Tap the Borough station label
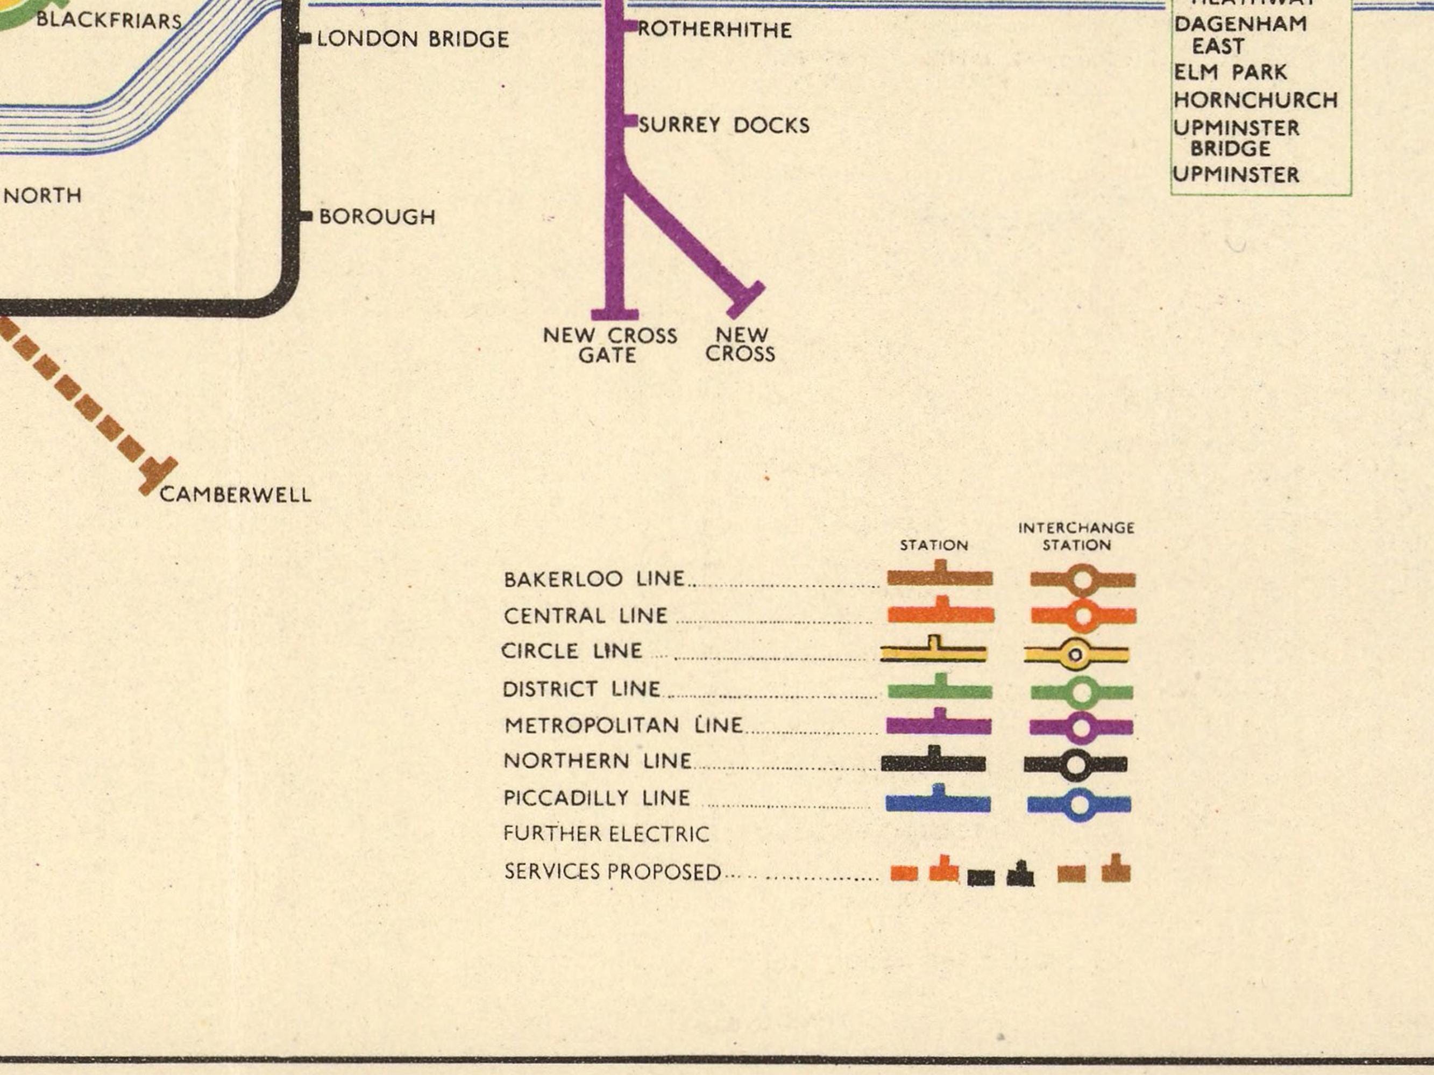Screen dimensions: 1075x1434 377,217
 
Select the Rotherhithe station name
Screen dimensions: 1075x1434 714,30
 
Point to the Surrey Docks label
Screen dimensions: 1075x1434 723,125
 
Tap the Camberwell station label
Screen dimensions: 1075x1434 236,495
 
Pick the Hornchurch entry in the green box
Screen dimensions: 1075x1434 1256,101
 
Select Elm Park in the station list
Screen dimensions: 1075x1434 1230,73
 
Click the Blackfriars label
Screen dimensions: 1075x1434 109,21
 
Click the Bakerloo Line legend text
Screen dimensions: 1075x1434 594,579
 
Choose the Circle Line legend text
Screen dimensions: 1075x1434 572,650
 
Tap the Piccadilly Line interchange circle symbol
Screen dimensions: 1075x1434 1080,805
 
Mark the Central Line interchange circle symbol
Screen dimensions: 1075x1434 1082,615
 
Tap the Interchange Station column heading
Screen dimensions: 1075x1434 1076,536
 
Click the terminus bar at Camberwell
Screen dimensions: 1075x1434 158,476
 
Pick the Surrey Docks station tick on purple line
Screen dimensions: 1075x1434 630,121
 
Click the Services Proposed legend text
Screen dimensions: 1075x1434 613,871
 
